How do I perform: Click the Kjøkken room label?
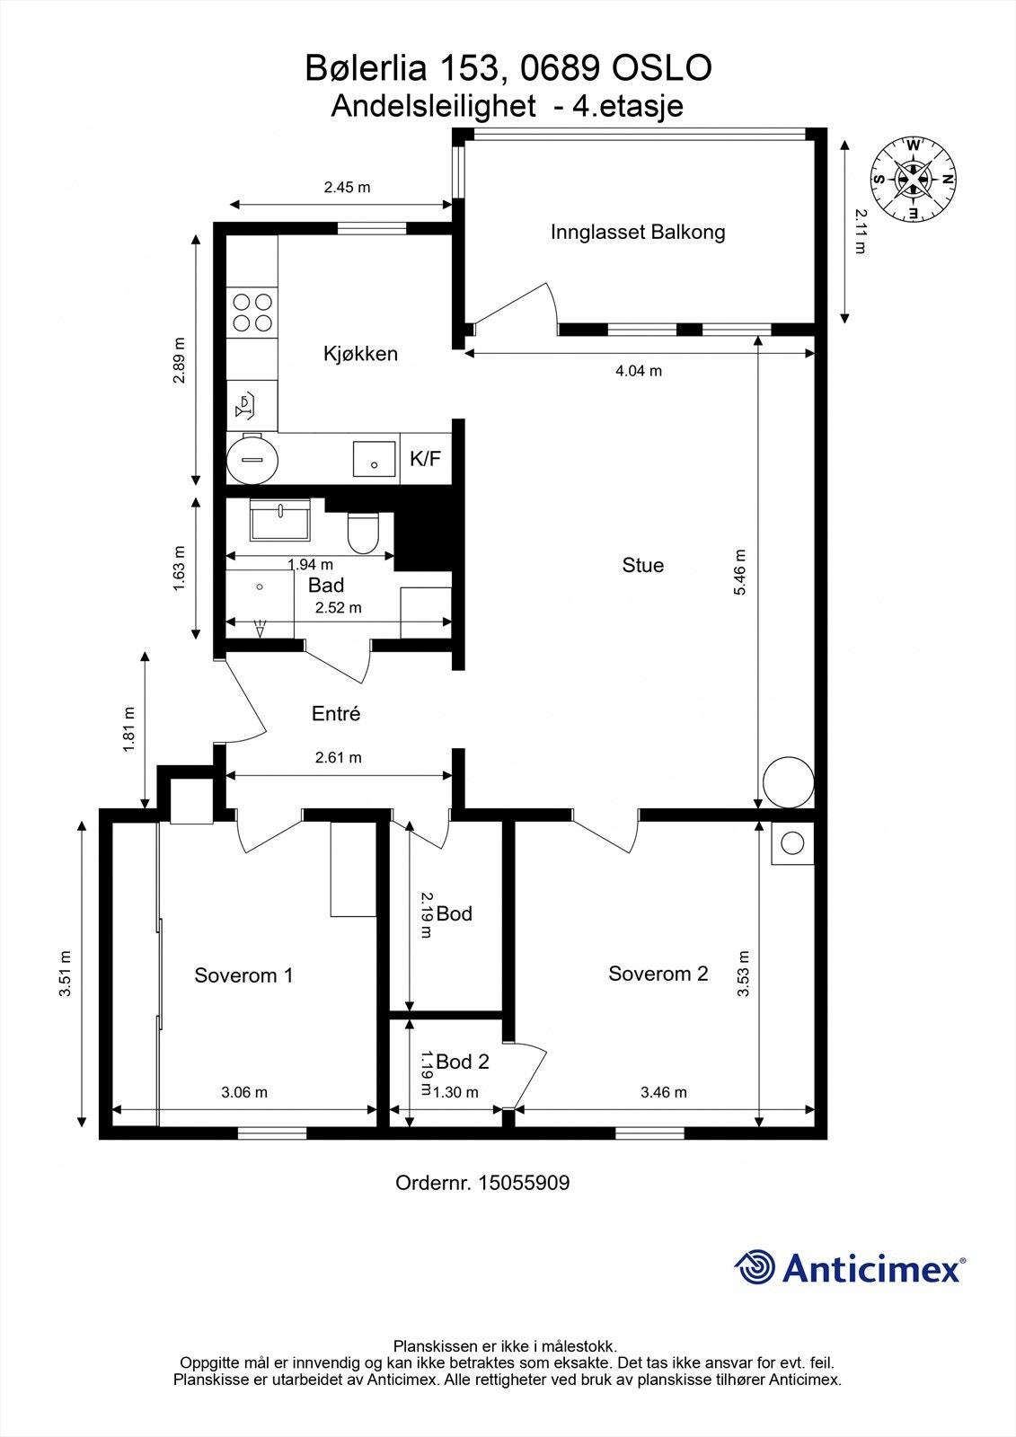tap(360, 354)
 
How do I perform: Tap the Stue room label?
tap(642, 565)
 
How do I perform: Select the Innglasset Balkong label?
tap(637, 233)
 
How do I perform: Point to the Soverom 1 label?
tap(243, 975)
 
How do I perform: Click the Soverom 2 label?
tap(658, 974)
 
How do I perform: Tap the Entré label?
tap(336, 713)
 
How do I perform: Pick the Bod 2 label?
tap(462, 1062)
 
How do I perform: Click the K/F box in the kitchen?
tap(426, 459)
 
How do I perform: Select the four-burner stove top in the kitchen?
tap(252, 312)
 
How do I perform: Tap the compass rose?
tap(913, 181)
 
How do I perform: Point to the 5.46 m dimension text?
tap(740, 572)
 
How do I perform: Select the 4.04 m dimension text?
tap(639, 371)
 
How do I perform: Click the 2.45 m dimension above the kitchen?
tap(348, 188)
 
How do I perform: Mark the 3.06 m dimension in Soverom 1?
tap(244, 1092)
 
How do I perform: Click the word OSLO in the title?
tap(662, 68)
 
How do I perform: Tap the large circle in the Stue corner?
tap(788, 782)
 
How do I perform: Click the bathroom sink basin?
tap(280, 520)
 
